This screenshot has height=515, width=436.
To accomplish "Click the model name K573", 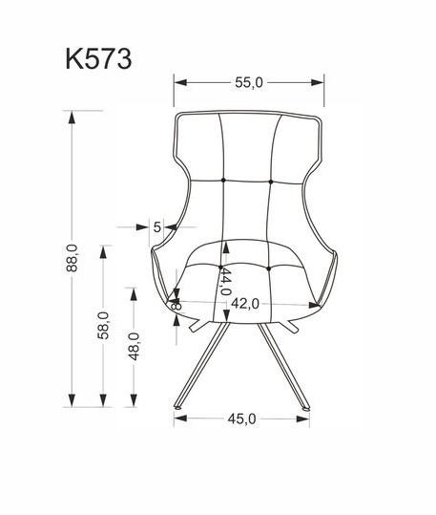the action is pos(98,59).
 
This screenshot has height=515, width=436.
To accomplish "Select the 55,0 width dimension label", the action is pos(249,82).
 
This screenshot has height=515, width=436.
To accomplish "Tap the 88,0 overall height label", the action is pos(72,258).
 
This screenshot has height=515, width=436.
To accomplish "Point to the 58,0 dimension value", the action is pos(103,326).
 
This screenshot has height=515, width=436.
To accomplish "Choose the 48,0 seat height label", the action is pos(134,346).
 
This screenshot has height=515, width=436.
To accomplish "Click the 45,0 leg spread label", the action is pos(241,418).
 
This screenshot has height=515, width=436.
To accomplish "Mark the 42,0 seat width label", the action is pos(245,304).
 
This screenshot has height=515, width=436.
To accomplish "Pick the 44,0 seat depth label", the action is pos(225,282).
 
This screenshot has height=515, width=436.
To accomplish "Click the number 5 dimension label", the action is pos(157,227).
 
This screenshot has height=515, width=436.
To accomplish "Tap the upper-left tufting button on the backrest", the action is pos(223,180).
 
